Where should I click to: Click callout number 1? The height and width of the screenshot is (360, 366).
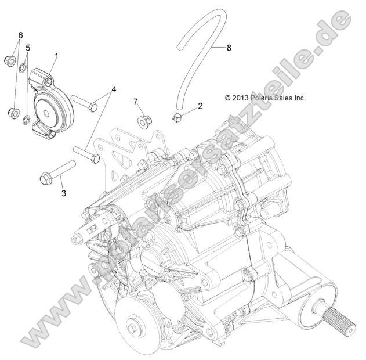57,56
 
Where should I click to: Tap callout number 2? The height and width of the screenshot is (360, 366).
200,106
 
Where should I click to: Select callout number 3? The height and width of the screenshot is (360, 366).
64,192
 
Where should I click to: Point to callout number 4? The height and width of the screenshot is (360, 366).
114,89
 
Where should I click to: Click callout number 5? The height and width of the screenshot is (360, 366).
27,47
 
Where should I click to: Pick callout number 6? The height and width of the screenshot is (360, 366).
20,35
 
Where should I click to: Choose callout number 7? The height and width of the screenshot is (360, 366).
135,102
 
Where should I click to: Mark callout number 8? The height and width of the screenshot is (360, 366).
229,48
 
